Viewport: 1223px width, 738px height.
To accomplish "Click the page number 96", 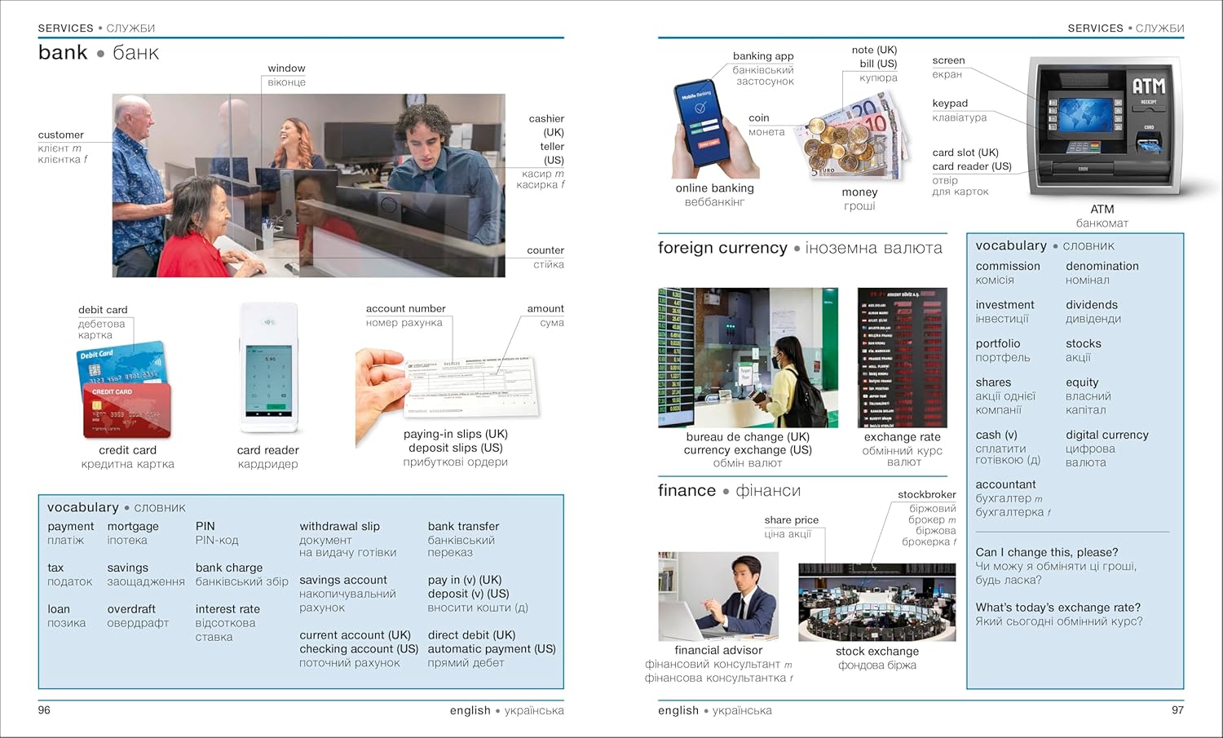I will pos(44,710).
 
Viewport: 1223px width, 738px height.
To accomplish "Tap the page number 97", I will pos(1177,710).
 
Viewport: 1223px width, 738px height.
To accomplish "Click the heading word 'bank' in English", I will pos(63,53).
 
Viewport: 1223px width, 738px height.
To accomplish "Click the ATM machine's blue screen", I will pos(1085,115).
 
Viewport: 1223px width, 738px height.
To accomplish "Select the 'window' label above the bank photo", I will pos(286,68).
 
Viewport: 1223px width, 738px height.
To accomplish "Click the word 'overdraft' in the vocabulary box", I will pos(131,609).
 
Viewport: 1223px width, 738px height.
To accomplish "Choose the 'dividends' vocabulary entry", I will pos(1091,305).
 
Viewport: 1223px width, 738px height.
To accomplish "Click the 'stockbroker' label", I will pos(926,494).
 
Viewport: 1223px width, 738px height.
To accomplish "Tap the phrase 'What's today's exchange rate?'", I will pos(1057,608).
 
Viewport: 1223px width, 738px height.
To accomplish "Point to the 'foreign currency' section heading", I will pos(722,248).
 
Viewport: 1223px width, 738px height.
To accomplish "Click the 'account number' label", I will pos(405,309).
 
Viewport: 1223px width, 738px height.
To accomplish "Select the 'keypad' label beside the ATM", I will pos(950,104).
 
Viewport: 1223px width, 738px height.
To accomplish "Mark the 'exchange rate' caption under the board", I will pos(902,437).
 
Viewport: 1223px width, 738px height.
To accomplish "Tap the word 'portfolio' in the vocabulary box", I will pos(998,344).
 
